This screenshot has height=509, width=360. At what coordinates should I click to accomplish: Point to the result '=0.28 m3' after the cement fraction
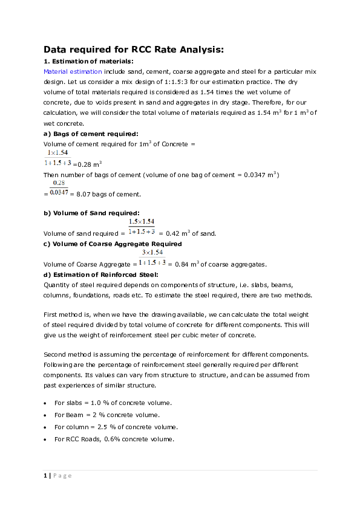[87, 163]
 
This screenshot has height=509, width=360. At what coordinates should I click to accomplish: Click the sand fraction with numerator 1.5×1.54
[142, 227]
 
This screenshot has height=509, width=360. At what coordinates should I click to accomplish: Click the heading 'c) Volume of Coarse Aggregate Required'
[113, 244]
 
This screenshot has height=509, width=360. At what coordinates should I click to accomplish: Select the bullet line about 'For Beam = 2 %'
[107, 415]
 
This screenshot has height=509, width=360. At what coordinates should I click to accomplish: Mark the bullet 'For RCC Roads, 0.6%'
[114, 439]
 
